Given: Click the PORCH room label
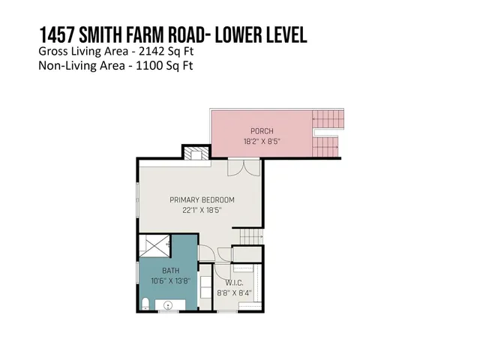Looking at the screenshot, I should click(261, 130).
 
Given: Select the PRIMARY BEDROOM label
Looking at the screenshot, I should click(202, 200).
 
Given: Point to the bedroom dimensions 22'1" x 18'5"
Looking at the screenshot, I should click(202, 210).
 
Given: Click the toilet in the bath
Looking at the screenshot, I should click(145, 303).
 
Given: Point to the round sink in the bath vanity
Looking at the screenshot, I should click(168, 304).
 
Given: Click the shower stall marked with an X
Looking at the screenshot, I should click(155, 244).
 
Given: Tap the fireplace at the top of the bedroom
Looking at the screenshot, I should click(196, 154).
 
